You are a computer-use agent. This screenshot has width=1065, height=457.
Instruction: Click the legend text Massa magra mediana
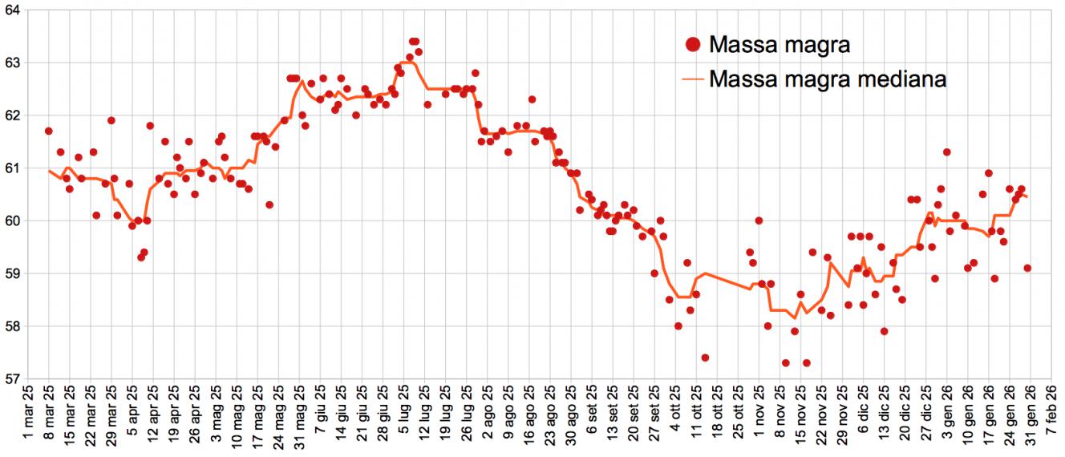[828, 79]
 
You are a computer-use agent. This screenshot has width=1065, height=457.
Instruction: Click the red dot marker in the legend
[694, 45]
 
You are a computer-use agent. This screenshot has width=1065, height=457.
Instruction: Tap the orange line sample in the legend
[694, 79]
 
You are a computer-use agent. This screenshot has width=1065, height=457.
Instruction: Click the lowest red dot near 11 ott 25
[705, 358]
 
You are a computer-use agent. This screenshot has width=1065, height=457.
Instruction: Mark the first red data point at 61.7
[49, 131]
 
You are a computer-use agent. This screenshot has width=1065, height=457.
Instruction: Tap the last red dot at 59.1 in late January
[1027, 268]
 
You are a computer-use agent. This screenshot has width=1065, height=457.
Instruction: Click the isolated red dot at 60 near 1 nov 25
[759, 220]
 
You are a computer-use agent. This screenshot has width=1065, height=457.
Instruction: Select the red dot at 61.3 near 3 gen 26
[947, 152]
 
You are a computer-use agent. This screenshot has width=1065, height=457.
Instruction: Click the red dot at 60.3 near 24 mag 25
[269, 204]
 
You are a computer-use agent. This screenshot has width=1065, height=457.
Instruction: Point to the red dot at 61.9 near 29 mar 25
[111, 120]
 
